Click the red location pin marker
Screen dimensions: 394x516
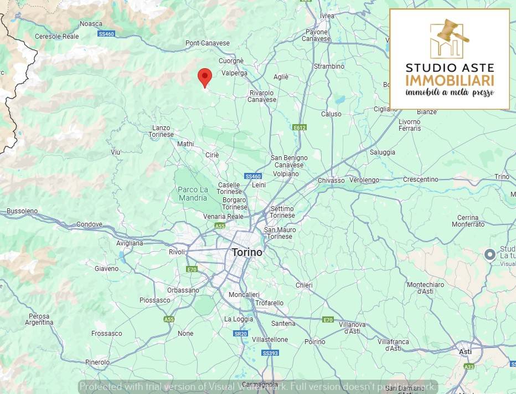[205, 76]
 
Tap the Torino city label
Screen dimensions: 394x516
[247, 252]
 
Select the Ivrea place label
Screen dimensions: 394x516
[327, 16]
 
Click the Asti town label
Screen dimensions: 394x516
[466, 351]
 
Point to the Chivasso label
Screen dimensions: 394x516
[331, 180]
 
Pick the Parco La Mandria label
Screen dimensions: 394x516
[193, 193]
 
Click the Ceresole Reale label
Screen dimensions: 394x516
[56, 36]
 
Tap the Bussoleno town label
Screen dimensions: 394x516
[22, 211]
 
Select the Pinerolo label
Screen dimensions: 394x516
[97, 362]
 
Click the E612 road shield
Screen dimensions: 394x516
[300, 127]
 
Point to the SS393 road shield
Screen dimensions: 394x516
[270, 353]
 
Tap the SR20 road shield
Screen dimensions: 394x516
[240, 334]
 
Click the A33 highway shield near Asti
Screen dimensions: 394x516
[469, 366]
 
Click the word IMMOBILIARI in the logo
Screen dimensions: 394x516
[450, 80]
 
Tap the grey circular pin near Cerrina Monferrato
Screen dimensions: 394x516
[489, 254]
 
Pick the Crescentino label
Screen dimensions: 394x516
[421, 180]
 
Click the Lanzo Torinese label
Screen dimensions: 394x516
[162, 131]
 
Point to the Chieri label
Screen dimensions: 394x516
[304, 285]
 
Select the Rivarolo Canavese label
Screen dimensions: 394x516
[262, 96]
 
